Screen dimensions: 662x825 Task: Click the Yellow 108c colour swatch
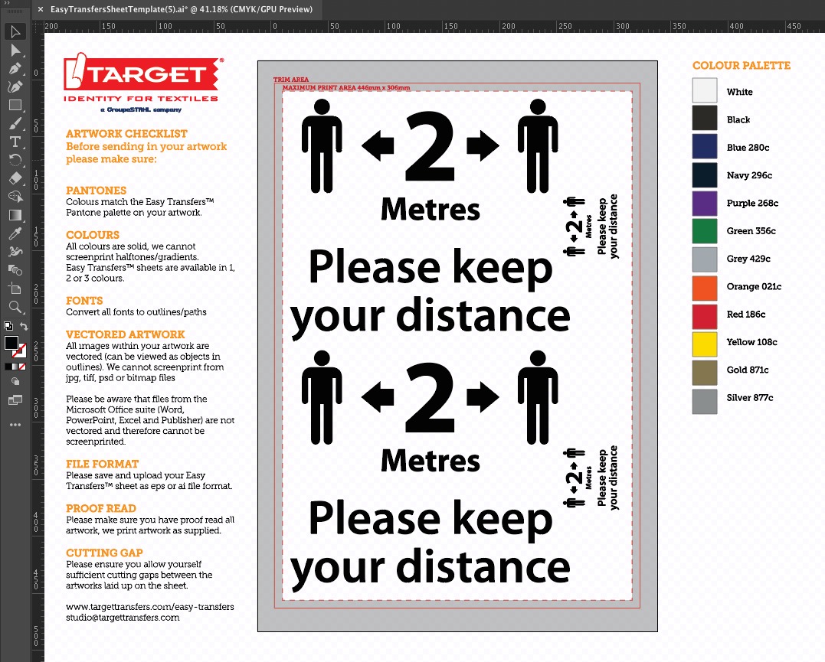pos(705,343)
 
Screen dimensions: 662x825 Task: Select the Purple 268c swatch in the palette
pos(705,204)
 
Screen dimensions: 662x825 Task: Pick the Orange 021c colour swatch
pos(705,287)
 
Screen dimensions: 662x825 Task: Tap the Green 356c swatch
pos(705,231)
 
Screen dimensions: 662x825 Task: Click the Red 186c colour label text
pos(745,315)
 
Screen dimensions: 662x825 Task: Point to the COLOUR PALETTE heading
pos(741,66)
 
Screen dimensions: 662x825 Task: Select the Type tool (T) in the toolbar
pos(15,142)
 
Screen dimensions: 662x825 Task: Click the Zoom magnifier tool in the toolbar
pos(15,307)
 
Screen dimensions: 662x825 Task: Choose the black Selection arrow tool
pos(15,31)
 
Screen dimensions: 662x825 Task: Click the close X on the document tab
pos(40,9)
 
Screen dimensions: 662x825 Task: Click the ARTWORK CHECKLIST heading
pos(126,134)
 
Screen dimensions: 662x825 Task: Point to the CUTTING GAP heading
pos(104,553)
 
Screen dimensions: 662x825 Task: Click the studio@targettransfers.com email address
pos(123,618)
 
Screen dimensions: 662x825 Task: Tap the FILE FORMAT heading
pos(102,464)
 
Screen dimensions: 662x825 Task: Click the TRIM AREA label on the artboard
pos(290,80)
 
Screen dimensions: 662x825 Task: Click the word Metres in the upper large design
pos(431,209)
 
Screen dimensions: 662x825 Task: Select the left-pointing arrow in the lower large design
pos(377,396)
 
